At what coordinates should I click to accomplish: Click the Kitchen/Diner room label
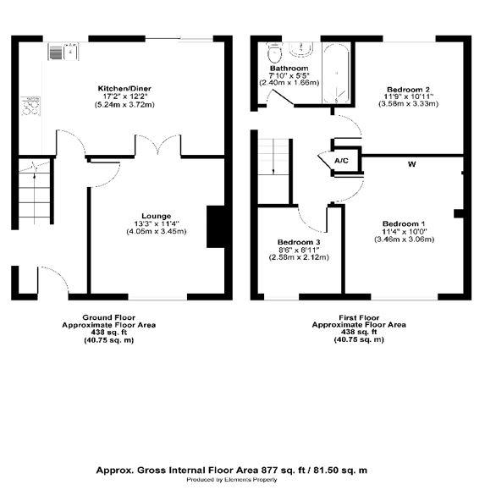click(124, 89)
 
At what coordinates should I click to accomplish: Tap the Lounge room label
click(157, 216)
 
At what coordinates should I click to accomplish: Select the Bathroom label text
click(289, 68)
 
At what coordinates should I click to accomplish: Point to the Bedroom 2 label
click(408, 90)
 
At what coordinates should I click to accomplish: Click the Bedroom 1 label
click(404, 223)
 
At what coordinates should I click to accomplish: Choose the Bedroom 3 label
click(299, 242)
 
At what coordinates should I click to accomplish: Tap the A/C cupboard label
click(341, 161)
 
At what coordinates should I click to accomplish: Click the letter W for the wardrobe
click(412, 163)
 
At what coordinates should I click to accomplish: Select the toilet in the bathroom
click(274, 52)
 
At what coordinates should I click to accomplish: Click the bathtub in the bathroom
click(336, 74)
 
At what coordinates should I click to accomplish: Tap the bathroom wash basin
click(300, 49)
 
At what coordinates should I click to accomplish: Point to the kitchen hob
click(30, 106)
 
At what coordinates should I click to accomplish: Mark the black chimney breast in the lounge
click(216, 227)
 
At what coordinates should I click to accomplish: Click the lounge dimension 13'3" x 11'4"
click(157, 223)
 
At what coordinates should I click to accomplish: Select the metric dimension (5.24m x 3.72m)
click(124, 104)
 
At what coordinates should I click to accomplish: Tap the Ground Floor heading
click(108, 317)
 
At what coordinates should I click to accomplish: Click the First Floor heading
click(359, 317)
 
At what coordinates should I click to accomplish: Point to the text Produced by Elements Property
click(232, 479)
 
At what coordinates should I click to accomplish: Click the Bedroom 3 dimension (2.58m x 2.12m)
click(299, 257)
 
